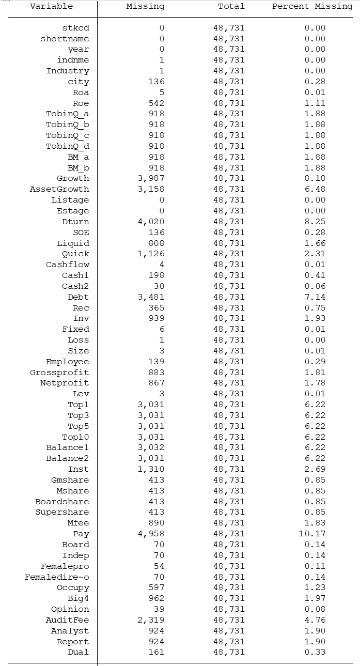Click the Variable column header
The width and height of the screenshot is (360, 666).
[51, 7]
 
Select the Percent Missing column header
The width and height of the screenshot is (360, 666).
[312, 7]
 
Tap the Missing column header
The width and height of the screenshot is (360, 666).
[145, 7]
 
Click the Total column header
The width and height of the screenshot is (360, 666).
[231, 7]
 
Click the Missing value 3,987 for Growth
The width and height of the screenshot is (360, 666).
[151, 178]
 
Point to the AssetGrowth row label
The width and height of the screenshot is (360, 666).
[59, 189]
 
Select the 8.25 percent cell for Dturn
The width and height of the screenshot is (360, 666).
[315, 222]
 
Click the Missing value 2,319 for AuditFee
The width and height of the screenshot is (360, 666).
[151, 620]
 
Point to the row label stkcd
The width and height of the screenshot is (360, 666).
[75, 28]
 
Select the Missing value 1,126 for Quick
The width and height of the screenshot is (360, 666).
[151, 254]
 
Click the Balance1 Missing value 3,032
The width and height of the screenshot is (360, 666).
[151, 447]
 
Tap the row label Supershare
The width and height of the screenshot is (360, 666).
[62, 512]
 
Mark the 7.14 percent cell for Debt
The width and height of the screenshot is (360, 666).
[315, 297]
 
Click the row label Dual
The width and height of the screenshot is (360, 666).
[78, 652]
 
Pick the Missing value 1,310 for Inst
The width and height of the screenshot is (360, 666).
[151, 469]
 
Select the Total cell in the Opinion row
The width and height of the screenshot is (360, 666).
[229, 609]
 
